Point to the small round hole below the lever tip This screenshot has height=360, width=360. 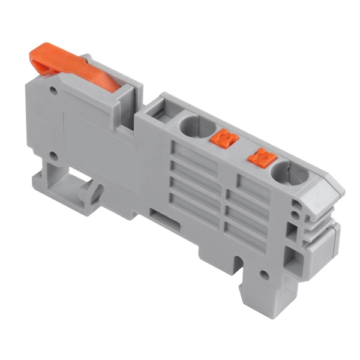pyautogui.click(x=54, y=93)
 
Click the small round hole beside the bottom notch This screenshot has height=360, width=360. pyautogui.click(x=262, y=274)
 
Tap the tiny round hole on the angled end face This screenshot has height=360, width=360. pyautogui.click(x=295, y=205)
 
